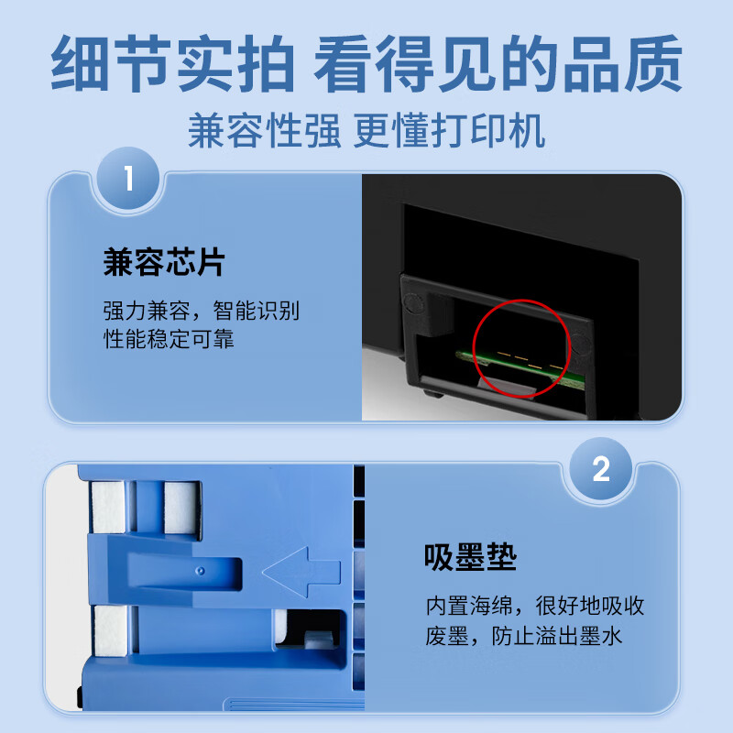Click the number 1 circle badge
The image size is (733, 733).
(128, 178)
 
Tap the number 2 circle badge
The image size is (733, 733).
(601, 468)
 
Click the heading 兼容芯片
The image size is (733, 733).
(164, 262)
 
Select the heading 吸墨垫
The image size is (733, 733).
(470, 557)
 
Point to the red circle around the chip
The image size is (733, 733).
(473, 348)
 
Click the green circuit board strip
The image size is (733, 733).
(520, 368)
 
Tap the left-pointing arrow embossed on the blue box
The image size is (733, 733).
(301, 572)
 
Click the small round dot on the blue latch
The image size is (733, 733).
(201, 571)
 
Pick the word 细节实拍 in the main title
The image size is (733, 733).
(172, 63)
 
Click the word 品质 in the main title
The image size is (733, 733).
(622, 63)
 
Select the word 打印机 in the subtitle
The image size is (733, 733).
(487, 130)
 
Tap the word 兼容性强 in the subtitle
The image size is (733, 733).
(264, 130)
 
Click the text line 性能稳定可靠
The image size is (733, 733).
(169, 338)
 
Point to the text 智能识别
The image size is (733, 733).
(257, 311)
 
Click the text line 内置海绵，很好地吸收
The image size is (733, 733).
(535, 606)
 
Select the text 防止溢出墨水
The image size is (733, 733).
(556, 636)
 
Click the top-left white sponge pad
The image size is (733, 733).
(108, 508)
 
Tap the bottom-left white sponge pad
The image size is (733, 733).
(111, 630)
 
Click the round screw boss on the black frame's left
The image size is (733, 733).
(413, 303)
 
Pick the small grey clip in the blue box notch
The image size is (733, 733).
(319, 639)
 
